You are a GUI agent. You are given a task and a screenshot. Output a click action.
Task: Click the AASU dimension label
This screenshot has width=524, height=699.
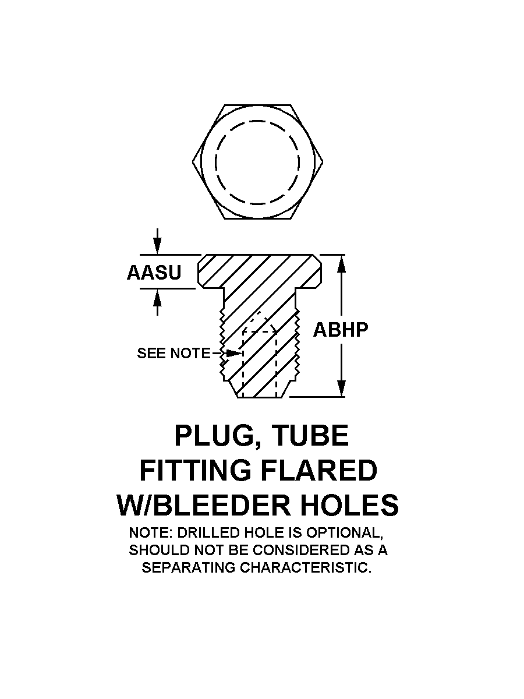point(154,272)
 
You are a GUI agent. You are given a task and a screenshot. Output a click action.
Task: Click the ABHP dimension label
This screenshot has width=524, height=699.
point(341,330)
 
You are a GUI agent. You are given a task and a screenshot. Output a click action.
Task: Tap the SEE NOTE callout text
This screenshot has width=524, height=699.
point(174,354)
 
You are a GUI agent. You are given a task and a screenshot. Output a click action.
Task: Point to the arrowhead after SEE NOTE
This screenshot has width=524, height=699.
point(233,354)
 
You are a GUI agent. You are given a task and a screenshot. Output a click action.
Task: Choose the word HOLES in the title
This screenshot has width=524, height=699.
point(349,505)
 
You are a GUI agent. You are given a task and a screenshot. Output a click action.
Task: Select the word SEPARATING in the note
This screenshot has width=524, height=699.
point(189,568)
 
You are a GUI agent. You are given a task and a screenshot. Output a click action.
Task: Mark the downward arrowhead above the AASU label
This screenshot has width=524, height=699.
point(157,246)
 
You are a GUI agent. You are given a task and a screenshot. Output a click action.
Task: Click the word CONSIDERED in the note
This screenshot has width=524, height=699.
point(291,550)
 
